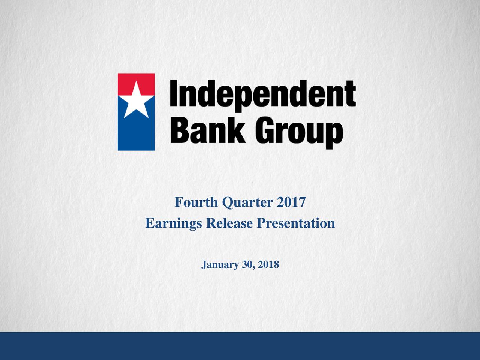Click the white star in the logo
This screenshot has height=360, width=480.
pyautogui.click(x=136, y=101)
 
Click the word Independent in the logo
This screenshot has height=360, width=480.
pyautogui.click(x=263, y=96)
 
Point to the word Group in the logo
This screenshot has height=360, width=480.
pyautogui.click(x=299, y=132)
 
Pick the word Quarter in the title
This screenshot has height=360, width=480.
pyautogui.click(x=247, y=202)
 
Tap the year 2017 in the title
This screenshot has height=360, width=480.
pyautogui.click(x=291, y=202)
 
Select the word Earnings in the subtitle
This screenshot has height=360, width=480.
pyautogui.click(x=173, y=223)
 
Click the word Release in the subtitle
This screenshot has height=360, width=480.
pyautogui.click(x=229, y=223)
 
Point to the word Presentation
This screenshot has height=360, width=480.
pyautogui.click(x=295, y=223)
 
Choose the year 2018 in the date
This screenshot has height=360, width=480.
pyautogui.click(x=268, y=264)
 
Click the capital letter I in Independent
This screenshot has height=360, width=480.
pyautogui.click(x=174, y=93)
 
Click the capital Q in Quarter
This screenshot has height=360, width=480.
pyautogui.click(x=228, y=203)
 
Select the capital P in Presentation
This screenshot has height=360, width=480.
pyautogui.click(x=261, y=223)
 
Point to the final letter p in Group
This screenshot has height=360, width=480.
pyautogui.click(x=334, y=135)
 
